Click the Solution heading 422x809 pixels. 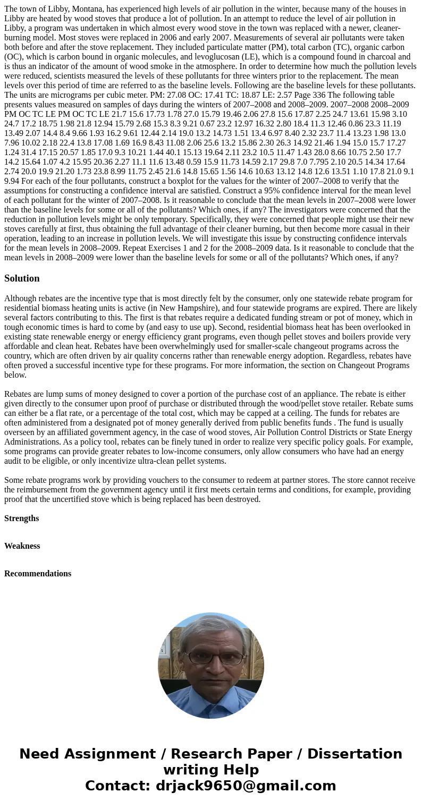tap(22, 278)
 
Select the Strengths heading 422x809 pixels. tap(21, 518)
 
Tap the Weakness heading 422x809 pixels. tap(22, 546)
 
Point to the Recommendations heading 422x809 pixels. tap(38, 574)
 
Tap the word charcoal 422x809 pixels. tap(381, 57)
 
